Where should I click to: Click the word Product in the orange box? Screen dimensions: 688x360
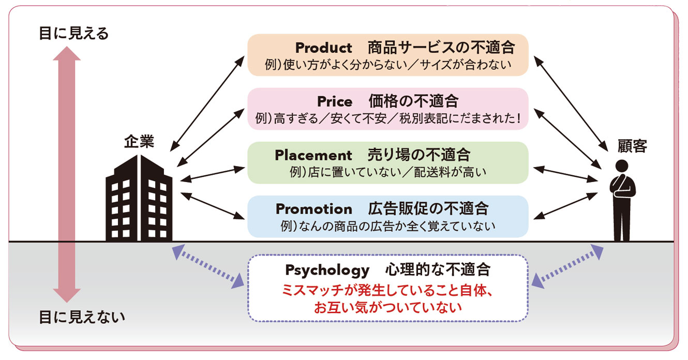click(323, 48)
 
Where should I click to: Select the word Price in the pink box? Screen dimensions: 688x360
click(335, 102)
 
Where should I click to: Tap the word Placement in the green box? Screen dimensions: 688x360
click(313, 155)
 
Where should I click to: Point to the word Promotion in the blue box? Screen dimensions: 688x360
click(314, 209)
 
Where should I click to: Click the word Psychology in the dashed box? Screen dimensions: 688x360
click(327, 271)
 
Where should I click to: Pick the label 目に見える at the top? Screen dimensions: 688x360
click(73, 33)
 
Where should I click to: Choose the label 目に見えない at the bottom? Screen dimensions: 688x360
click(82, 317)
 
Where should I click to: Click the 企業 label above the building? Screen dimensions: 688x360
click(139, 142)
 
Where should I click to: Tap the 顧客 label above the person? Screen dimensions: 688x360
click(632, 146)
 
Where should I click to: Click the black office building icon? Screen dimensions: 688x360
click(139, 198)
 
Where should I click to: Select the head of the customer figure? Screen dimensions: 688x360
click(622, 166)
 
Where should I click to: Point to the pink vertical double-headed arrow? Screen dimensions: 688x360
click(67, 174)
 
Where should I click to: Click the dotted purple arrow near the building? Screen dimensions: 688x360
click(208, 266)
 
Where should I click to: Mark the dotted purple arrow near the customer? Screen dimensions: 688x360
click(567, 266)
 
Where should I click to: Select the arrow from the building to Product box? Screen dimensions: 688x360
click(207, 103)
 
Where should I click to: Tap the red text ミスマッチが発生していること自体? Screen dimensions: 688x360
click(387, 291)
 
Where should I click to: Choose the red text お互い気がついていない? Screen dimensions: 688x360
click(387, 307)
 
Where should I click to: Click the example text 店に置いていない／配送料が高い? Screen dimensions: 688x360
click(388, 172)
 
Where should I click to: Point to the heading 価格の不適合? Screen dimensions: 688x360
click(413, 101)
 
